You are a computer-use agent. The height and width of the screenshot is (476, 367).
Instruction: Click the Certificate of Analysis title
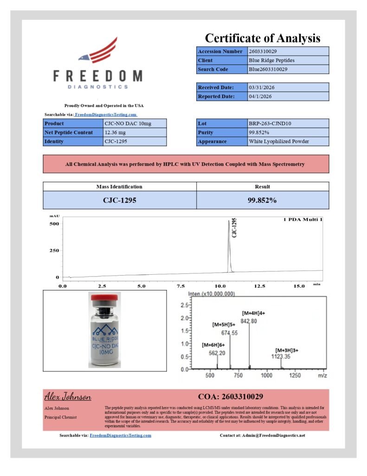pos(263,38)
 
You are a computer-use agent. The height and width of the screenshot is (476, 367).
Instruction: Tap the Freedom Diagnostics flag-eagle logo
pos(98,51)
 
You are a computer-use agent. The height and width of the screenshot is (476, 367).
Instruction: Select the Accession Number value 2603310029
pos(263,51)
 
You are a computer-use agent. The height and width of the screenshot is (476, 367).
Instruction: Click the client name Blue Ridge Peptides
pos(271,60)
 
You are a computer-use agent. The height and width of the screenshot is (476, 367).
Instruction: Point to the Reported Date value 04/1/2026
pos(260,96)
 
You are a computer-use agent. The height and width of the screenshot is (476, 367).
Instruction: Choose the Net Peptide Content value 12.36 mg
pos(117,132)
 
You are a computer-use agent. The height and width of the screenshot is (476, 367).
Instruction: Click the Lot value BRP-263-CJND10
pos(270,124)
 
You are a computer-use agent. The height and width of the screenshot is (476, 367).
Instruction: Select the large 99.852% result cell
pos(262,200)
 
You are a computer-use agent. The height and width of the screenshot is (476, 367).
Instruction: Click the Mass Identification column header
pos(119,186)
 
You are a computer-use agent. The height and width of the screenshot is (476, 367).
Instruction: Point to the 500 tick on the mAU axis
pos(54,224)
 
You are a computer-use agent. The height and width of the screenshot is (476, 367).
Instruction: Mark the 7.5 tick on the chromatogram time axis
pos(181,286)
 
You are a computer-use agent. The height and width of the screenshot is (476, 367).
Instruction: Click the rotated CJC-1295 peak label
pos(234,228)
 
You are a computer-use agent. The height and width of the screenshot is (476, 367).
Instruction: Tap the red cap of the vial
pos(104,297)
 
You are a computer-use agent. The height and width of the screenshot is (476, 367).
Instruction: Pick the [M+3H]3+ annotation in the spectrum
pos(287,350)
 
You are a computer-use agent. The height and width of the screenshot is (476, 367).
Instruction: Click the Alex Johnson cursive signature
pos(68,397)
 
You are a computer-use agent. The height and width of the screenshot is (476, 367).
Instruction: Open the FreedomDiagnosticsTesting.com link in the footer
pos(120,436)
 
